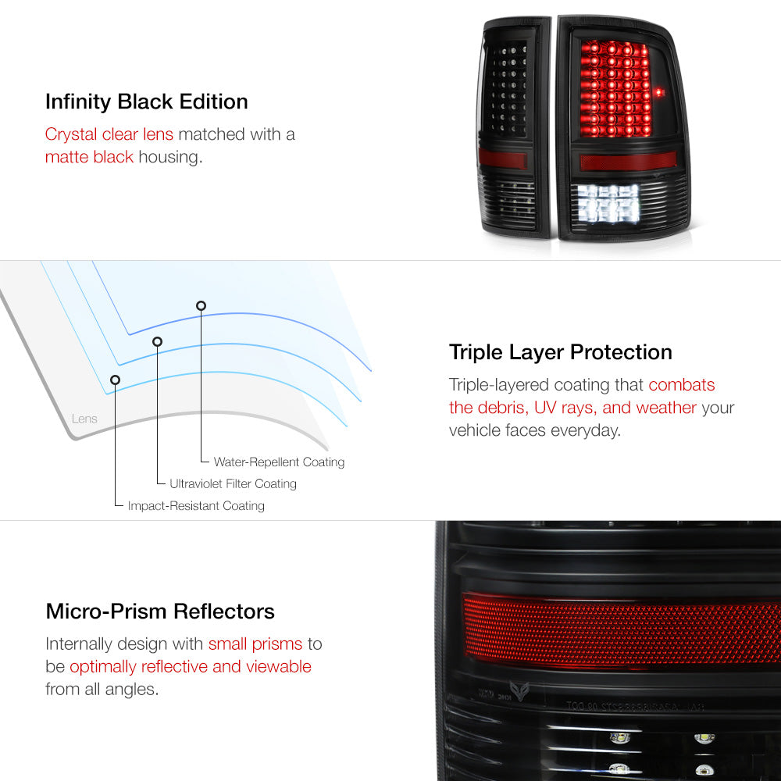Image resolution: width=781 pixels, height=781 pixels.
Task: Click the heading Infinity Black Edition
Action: [x=147, y=102]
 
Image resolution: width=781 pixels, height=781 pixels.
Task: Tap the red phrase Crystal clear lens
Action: [x=109, y=134]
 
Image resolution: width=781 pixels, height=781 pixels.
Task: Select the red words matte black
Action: [x=89, y=157]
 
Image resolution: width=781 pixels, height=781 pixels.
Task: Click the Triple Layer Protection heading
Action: [x=560, y=353]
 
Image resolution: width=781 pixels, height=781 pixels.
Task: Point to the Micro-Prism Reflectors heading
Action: [x=160, y=612]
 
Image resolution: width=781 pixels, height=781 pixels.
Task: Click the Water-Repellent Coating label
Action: [x=279, y=462]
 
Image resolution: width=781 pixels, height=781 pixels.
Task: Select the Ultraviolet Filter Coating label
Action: [x=233, y=483]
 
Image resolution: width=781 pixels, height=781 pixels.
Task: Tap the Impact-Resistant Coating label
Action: [x=196, y=505]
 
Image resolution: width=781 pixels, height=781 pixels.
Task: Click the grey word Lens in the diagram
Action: [x=84, y=419]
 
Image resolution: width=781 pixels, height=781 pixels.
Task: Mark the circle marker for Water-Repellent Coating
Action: [x=201, y=306]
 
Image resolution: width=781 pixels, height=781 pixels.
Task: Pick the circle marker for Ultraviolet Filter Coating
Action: [x=158, y=342]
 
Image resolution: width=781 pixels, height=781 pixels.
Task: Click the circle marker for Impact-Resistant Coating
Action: [x=115, y=380]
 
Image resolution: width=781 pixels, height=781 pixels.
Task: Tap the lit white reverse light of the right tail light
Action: [x=608, y=203]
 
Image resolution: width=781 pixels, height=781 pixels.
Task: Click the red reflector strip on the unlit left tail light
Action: [x=502, y=159]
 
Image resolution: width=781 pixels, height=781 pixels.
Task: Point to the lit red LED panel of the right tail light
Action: [x=615, y=89]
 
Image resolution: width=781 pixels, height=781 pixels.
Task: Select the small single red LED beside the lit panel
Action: [x=659, y=93]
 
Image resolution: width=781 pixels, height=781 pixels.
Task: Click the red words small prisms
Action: [x=255, y=644]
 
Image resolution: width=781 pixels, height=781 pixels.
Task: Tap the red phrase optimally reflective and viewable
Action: [x=191, y=667]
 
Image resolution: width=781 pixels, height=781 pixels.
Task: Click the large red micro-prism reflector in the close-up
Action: [x=622, y=631]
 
